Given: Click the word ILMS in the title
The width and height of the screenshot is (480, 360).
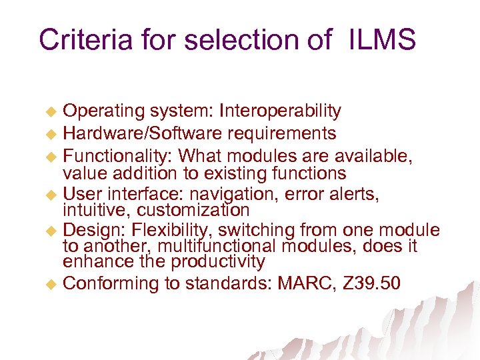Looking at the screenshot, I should click(x=381, y=39).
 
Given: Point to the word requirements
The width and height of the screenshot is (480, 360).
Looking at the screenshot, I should click(x=281, y=133).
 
